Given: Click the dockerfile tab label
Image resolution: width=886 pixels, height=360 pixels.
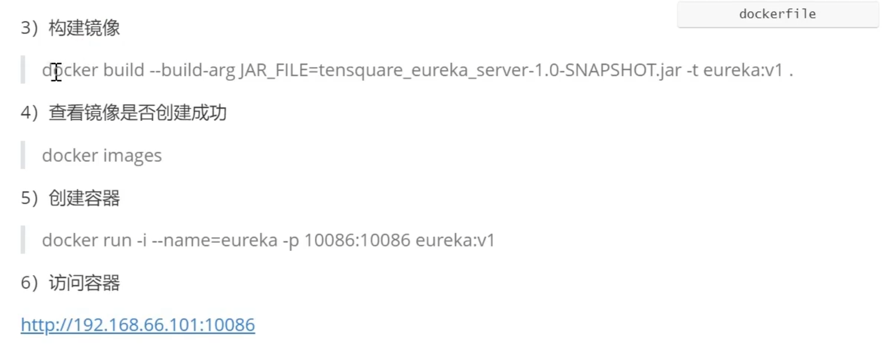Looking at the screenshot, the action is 777,14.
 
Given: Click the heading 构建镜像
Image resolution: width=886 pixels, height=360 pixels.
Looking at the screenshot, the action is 84,28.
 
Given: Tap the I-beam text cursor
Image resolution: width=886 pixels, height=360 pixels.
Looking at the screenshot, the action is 56,71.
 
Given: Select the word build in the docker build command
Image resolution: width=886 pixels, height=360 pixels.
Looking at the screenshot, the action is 124,70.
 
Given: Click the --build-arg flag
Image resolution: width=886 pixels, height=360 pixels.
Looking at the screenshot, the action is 192,70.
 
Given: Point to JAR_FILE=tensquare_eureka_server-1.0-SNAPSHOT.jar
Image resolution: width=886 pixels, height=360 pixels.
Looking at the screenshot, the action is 461,70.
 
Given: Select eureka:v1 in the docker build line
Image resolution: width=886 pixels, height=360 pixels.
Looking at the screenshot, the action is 743,70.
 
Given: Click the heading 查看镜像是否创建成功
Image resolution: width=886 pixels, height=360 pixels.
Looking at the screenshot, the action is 138,113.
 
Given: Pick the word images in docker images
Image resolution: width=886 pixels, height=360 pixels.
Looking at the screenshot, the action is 133,155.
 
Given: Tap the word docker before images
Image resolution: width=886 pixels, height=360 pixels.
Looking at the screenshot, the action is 70,155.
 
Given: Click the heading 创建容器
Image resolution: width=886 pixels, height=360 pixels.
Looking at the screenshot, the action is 84,198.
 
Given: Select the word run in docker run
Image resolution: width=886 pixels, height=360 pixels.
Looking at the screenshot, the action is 118,240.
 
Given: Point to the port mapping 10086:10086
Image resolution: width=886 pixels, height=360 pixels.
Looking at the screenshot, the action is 357,240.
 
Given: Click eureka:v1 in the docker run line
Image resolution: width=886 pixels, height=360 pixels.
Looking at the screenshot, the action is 455,240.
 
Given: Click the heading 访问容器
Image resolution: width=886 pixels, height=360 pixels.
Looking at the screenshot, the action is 84,283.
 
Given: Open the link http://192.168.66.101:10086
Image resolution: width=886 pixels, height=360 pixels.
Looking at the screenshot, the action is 138,325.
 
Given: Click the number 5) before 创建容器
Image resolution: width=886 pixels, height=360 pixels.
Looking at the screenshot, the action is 29,198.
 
